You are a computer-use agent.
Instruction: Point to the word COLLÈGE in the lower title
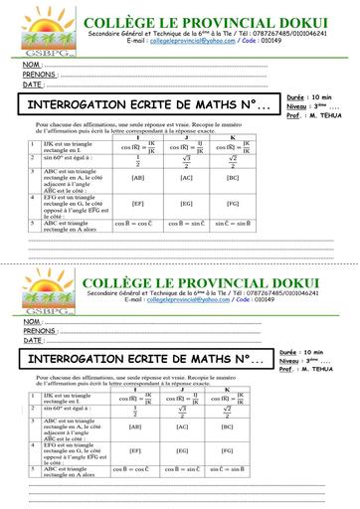click(118, 280)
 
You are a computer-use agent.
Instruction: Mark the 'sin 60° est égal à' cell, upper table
click(68, 158)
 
